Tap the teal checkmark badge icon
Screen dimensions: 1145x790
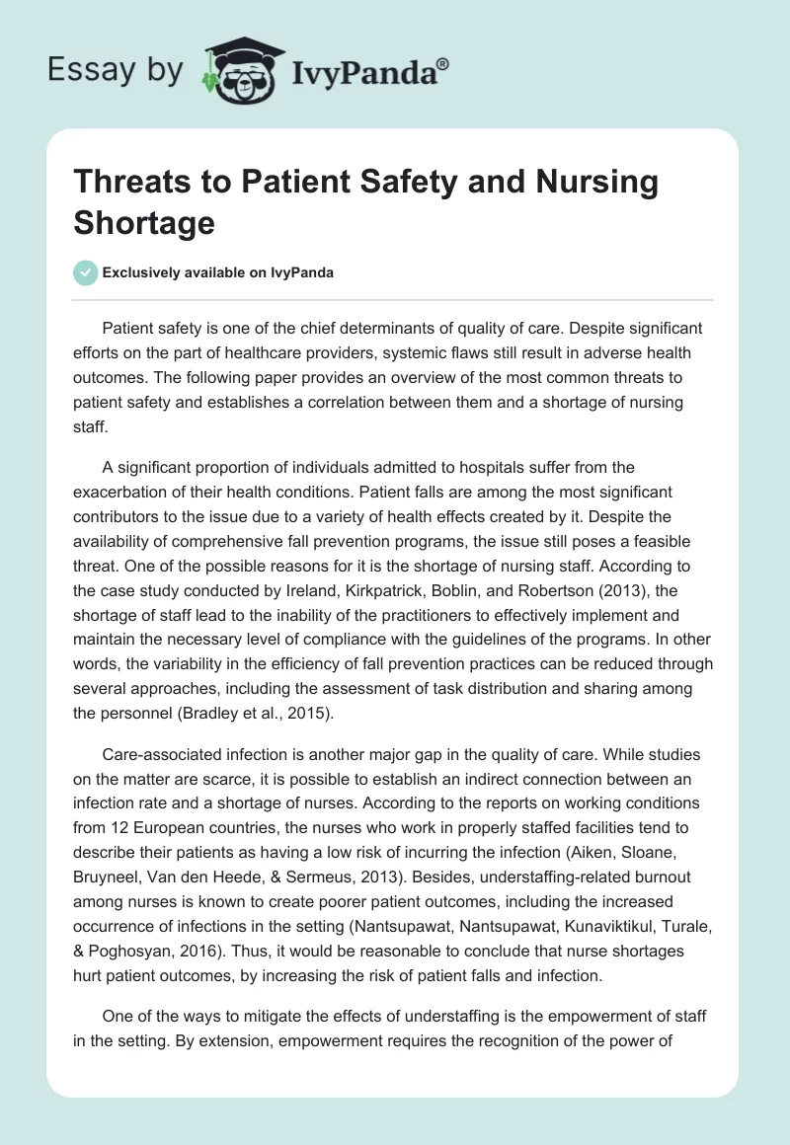[86, 272]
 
